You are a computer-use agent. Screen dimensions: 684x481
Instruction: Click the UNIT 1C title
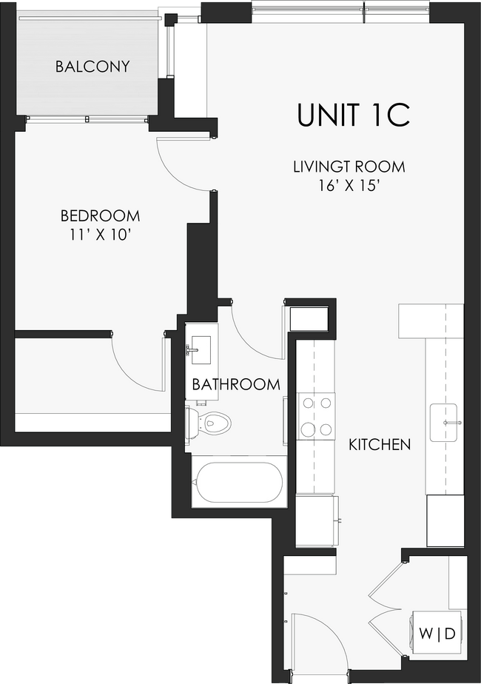click(353, 115)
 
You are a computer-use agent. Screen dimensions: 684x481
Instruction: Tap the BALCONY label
click(92, 67)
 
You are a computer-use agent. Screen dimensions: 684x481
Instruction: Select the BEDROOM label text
click(100, 216)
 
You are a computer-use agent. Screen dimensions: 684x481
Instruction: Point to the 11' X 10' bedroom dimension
click(100, 235)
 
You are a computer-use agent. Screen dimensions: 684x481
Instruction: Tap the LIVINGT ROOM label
click(349, 167)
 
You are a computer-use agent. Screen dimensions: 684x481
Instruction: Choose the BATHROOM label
click(236, 384)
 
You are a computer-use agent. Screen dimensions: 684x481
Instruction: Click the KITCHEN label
click(380, 445)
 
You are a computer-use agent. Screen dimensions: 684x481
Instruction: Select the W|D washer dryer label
click(437, 634)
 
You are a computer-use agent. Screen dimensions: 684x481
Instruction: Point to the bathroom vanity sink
click(198, 346)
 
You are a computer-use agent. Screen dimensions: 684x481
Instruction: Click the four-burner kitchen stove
click(316, 417)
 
